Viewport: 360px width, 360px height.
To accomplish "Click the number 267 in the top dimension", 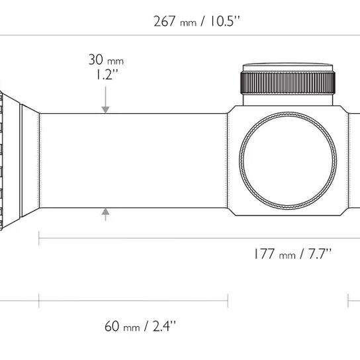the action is (164, 21).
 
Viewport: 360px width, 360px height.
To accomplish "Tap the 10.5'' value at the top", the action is (225, 21).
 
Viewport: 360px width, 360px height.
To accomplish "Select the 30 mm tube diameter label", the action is (106, 60).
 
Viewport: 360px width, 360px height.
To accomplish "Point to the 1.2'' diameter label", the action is (107, 74).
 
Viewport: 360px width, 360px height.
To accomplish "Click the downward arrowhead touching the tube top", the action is (105, 110).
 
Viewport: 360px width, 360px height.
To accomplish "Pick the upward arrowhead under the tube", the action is (105, 212).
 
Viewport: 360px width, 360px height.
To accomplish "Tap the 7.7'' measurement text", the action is (320, 253).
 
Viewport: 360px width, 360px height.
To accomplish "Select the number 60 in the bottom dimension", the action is (112, 326).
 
